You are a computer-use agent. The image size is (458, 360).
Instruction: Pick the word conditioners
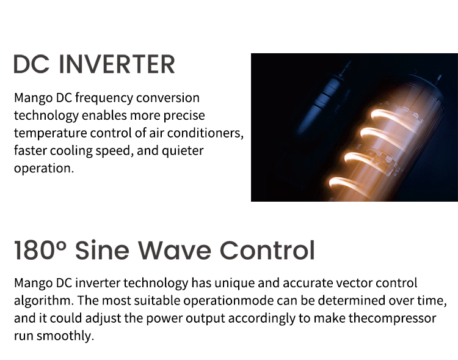209,133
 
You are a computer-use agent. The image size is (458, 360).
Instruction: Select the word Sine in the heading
101,250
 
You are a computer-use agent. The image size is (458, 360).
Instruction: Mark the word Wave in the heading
174,250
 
